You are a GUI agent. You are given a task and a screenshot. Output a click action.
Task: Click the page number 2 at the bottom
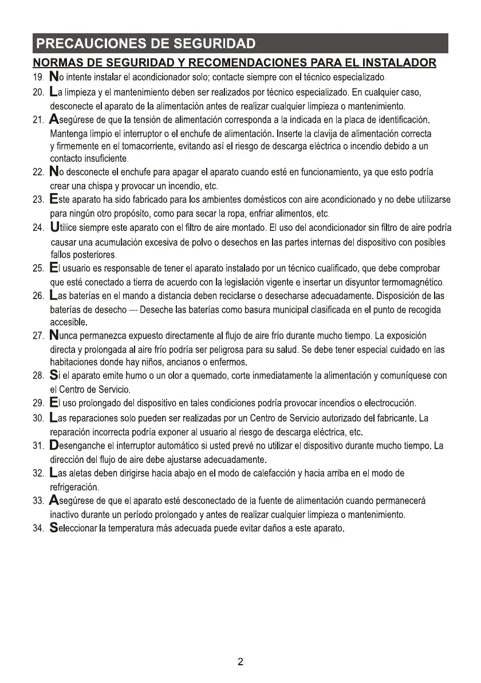click(x=240, y=662)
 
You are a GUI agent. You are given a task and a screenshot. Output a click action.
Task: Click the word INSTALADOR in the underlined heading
click(x=395, y=61)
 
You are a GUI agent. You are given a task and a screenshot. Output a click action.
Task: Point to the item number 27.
click(x=38, y=336)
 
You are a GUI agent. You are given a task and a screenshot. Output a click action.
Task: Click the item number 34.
click(x=38, y=528)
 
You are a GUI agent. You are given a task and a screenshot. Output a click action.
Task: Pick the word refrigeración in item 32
click(x=74, y=488)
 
